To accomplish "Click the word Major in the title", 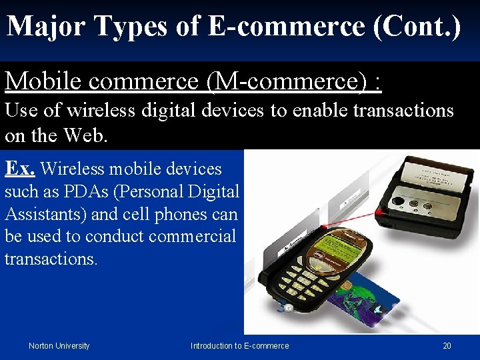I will click(x=47, y=27).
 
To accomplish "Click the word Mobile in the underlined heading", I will click(x=44, y=81).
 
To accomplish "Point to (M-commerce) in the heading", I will click(x=287, y=81).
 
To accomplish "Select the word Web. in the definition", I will click(x=85, y=135).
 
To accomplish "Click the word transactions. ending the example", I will click(x=51, y=259).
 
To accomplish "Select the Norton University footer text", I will click(x=59, y=345).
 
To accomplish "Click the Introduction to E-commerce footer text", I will click(x=240, y=345).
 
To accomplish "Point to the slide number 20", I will click(x=447, y=345).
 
